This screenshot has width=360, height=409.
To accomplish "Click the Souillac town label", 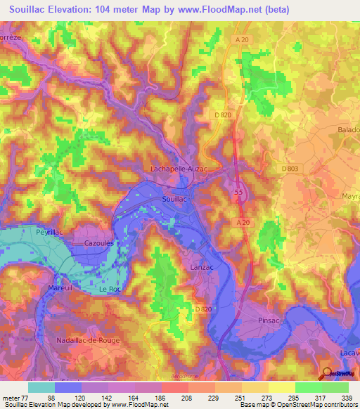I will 174,200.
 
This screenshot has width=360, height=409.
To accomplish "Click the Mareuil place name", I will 60,287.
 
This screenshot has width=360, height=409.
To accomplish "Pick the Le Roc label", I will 110,290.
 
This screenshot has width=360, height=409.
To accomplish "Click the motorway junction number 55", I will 238,191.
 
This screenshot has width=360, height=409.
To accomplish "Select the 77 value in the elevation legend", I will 28,377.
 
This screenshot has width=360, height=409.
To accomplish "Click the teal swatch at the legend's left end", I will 41,387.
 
